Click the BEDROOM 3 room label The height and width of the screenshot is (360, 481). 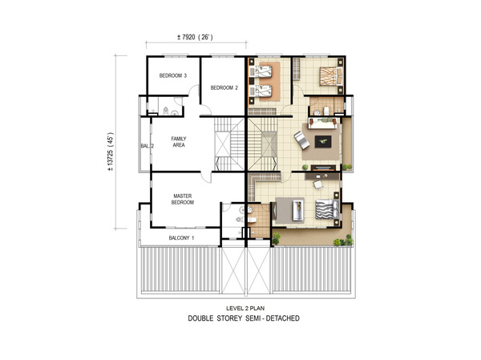tap(173, 75)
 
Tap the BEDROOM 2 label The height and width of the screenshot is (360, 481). tap(224, 87)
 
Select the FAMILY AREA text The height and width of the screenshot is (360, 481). tap(179, 142)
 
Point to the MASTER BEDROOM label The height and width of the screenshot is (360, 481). tap(183, 199)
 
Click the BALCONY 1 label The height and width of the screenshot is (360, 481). tap(181, 238)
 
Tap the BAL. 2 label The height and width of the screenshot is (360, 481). tap(148, 146)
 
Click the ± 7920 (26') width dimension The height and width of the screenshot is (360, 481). tap(195, 38)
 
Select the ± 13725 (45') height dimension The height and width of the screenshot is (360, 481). tap(110, 152)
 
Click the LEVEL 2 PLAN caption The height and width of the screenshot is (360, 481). tap(245, 309)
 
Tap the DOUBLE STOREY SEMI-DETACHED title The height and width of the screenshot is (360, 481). tap(244, 318)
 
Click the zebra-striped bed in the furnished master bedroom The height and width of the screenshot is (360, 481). tap(327, 209)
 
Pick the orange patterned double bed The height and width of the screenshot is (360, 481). tap(331, 76)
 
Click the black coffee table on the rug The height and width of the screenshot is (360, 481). tap(323, 141)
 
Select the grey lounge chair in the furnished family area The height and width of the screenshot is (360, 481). tap(301, 140)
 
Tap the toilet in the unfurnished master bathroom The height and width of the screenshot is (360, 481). tap(240, 220)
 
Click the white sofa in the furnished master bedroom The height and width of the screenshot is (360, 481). tap(297, 210)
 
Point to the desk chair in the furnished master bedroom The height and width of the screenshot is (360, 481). tap(318, 185)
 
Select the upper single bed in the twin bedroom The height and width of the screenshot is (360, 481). tap(262, 71)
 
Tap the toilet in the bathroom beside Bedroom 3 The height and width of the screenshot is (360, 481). tap(166, 110)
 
